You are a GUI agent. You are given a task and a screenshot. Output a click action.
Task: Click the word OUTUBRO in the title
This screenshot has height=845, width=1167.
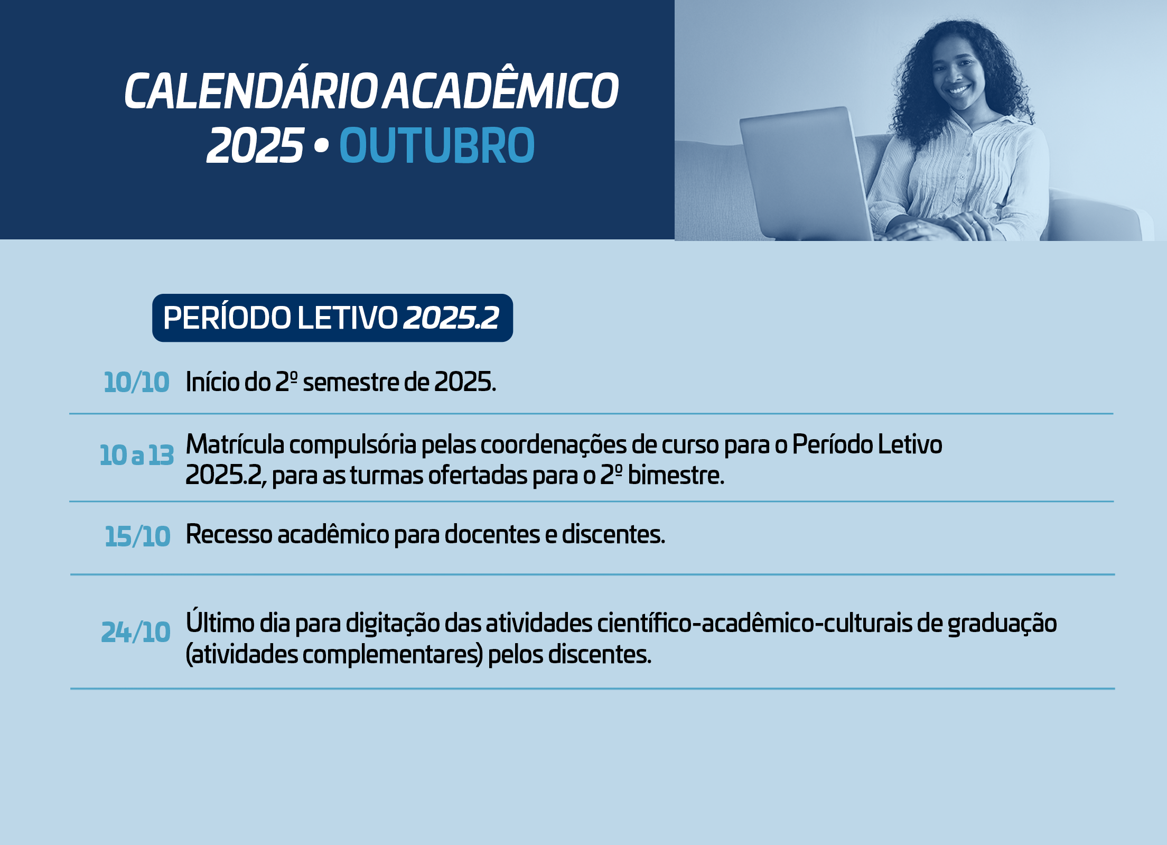coord(437,145)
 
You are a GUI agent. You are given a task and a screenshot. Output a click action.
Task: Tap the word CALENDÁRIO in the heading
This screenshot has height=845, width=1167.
coord(251,91)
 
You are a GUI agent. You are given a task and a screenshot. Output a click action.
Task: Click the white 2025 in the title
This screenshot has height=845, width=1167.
coord(256,145)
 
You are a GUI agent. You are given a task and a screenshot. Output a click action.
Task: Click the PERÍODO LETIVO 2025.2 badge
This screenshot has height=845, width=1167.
coord(332,318)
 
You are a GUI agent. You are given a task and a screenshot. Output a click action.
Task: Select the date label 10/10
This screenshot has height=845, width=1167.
coord(136,382)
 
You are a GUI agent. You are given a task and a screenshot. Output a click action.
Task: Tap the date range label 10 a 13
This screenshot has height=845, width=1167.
coord(137,455)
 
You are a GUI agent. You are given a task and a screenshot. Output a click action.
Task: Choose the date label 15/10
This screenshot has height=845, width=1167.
coord(137,536)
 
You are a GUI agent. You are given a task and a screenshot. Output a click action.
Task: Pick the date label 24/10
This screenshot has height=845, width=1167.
coord(136,632)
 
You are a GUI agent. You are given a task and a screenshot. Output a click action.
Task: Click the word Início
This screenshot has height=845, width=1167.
coord(212,382)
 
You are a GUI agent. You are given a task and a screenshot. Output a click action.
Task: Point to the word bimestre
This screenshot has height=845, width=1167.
coord(676,475)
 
